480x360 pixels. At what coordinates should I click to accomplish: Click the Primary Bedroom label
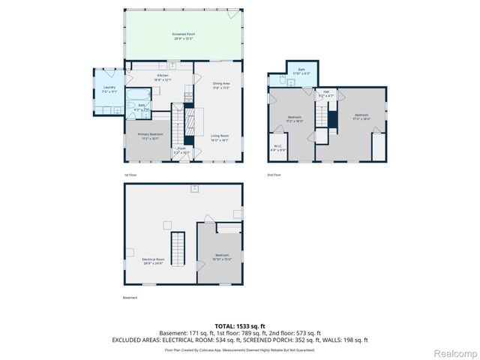click(x=149, y=136)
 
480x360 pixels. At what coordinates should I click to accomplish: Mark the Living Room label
click(x=219, y=137)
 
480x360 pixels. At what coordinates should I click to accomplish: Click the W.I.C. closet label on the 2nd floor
click(x=277, y=147)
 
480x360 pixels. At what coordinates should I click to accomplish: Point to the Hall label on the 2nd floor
click(x=326, y=94)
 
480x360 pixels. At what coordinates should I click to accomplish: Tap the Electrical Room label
click(x=152, y=261)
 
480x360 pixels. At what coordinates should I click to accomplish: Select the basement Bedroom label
click(x=222, y=256)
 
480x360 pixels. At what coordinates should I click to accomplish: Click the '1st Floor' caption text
click(x=130, y=174)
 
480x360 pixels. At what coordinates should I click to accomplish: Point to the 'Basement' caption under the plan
click(x=130, y=298)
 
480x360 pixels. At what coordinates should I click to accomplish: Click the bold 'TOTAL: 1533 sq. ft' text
click(x=239, y=325)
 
